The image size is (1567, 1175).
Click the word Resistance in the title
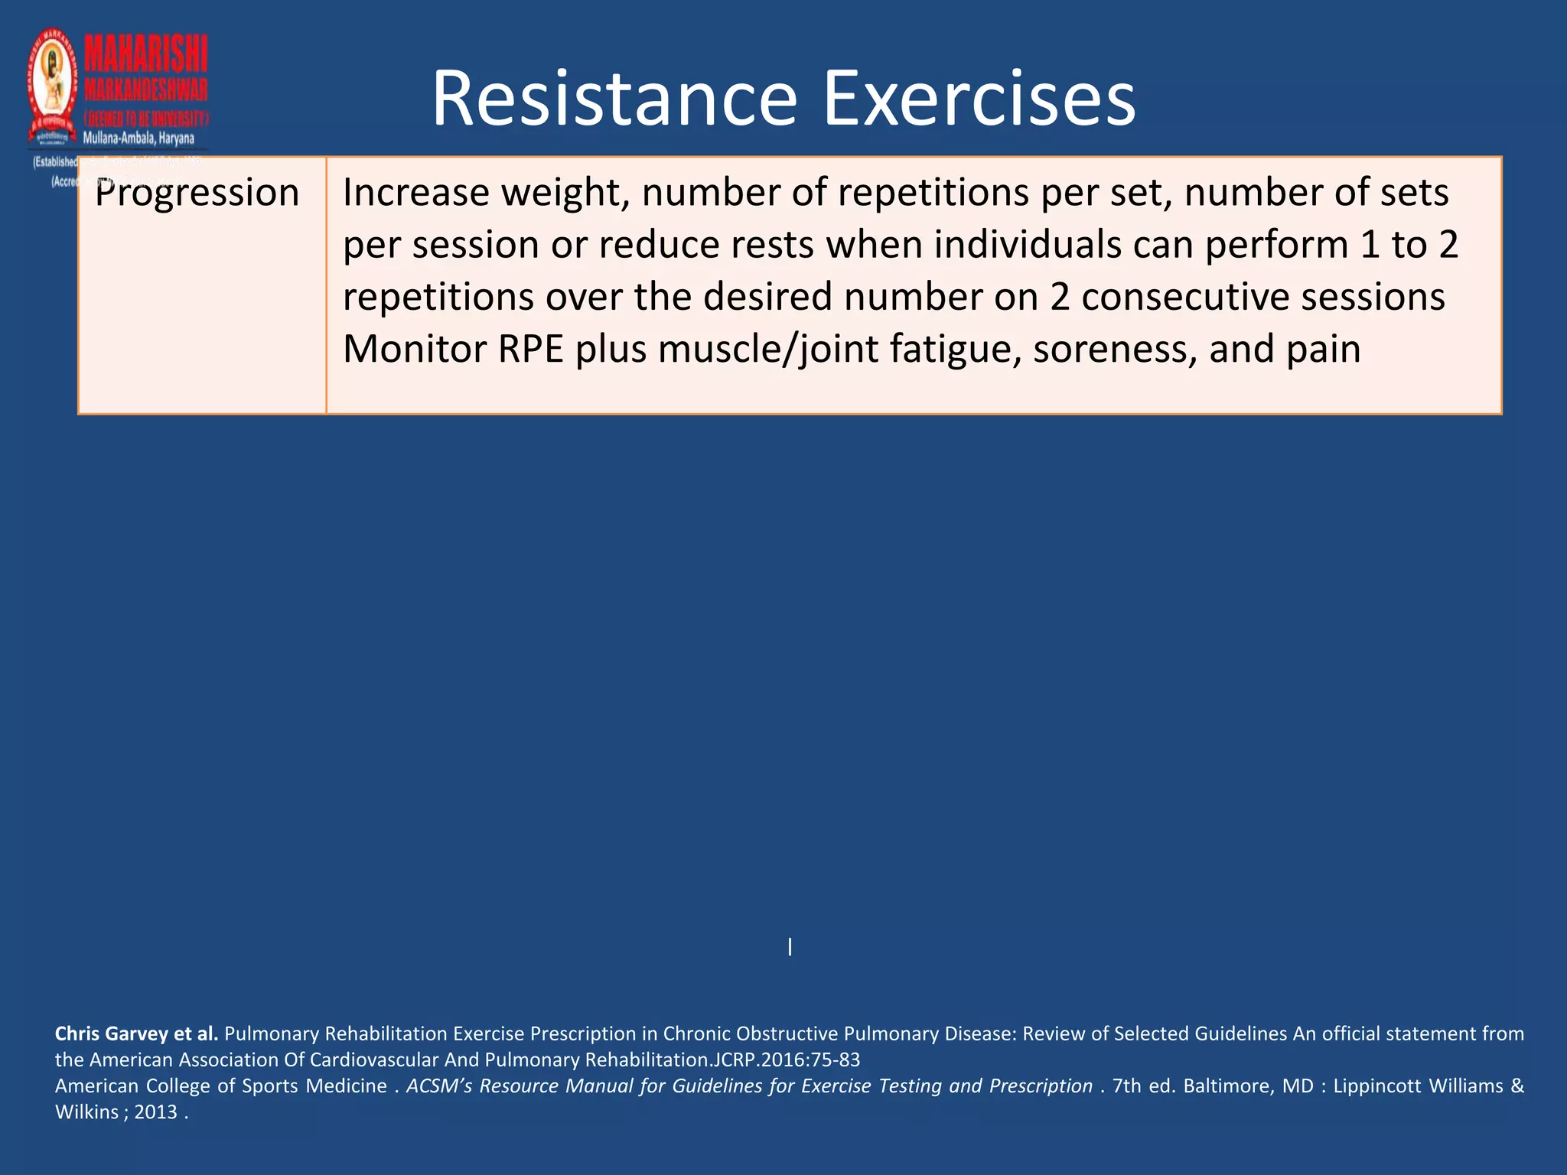[614, 99]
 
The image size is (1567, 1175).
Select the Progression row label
[197, 193]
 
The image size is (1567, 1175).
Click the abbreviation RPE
[530, 349]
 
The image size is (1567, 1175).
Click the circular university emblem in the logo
[53, 84]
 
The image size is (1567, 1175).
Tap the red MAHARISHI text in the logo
[145, 55]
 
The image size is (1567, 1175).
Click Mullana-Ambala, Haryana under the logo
[138, 138]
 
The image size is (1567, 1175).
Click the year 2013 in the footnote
[155, 1112]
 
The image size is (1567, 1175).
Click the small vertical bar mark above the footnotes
[790, 947]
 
